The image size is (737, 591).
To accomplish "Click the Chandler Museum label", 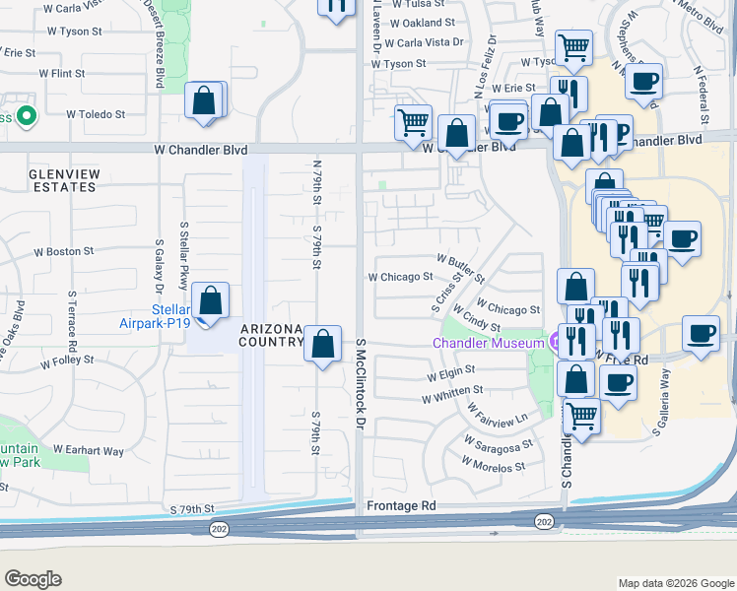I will [489, 343].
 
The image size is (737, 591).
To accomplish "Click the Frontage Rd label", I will [401, 505].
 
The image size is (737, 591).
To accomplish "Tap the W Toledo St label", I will [96, 114].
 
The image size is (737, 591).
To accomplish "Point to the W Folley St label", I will [67, 362].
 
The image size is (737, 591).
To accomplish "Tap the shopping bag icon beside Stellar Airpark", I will [210, 300].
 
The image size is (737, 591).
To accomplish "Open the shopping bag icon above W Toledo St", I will [203, 99].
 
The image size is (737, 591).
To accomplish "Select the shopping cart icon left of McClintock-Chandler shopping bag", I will [413, 122].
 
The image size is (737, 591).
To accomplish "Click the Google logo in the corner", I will [33, 579].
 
